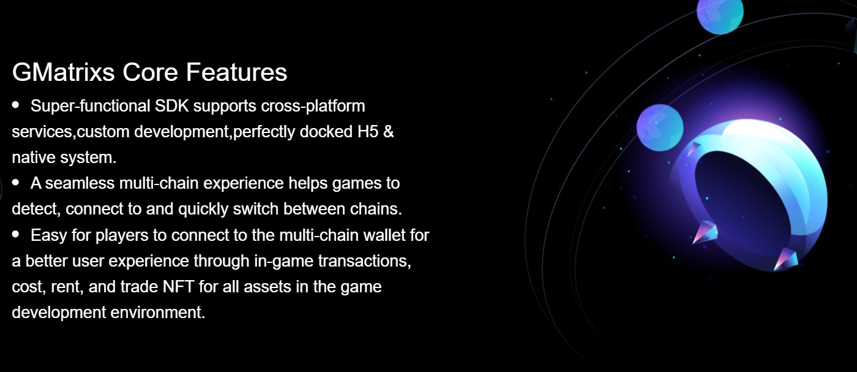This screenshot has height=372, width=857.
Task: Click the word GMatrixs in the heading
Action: (x=64, y=72)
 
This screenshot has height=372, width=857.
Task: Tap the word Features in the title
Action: (x=236, y=72)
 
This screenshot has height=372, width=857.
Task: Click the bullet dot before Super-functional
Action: (x=16, y=105)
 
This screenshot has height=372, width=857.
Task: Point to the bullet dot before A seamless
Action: (x=16, y=182)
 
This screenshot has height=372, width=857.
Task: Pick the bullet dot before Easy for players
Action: (x=16, y=233)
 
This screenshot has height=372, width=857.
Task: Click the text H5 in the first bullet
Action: (x=368, y=131)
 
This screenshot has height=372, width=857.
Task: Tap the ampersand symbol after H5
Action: (x=388, y=131)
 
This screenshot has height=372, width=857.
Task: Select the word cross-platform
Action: (x=313, y=106)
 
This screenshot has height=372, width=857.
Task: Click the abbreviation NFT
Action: (x=178, y=287)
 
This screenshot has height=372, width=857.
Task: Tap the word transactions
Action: (x=364, y=261)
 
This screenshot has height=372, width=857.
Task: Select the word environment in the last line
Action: (x=158, y=313)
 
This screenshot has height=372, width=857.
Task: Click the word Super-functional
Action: (x=91, y=106)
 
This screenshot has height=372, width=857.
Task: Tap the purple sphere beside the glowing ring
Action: (x=660, y=127)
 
